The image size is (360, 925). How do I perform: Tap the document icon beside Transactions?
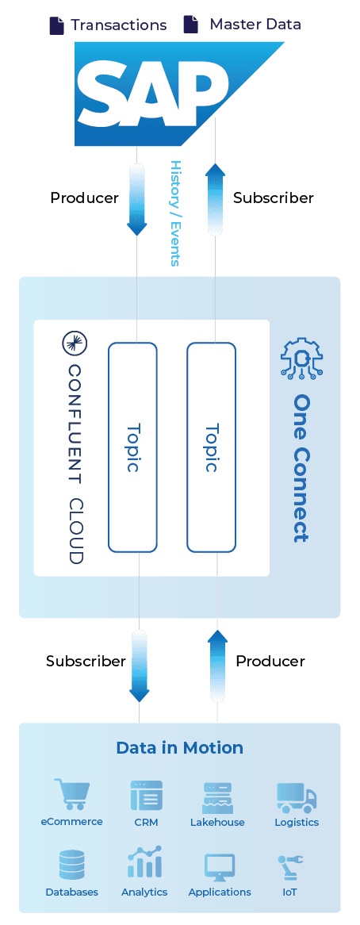click(56, 25)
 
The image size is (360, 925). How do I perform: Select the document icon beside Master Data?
click(190, 25)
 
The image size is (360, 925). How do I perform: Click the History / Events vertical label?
click(175, 213)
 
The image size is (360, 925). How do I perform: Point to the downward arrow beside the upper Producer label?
click(136, 199)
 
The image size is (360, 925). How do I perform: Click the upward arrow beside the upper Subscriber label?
click(216, 199)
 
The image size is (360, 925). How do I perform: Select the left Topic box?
click(132, 447)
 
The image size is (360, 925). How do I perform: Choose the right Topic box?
click(212, 447)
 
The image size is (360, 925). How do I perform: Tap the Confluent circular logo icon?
click(75, 344)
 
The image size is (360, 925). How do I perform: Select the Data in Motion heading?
click(180, 748)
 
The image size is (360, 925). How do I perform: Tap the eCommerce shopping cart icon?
click(71, 794)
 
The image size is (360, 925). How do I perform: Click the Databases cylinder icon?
click(72, 865)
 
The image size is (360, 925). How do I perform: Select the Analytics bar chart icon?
click(144, 862)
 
